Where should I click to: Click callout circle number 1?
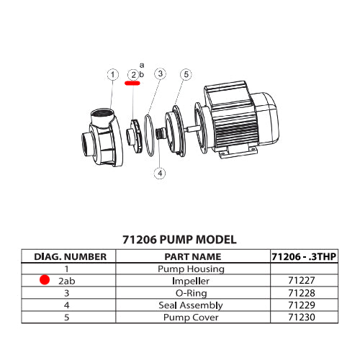112,74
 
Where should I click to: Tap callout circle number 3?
160,74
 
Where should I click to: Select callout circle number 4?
160,173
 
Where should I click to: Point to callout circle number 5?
186,74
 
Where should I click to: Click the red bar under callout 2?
133,84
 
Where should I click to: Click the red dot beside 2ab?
45,281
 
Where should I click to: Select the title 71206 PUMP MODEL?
179,240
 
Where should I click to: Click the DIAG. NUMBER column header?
71,256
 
